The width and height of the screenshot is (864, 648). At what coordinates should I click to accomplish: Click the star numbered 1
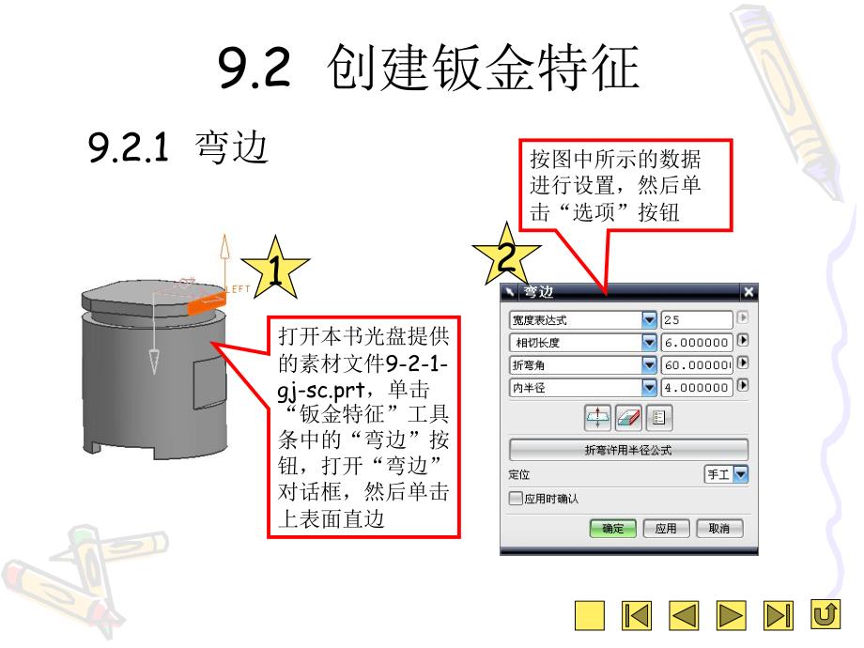274,271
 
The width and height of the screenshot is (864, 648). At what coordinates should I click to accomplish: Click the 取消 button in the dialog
719,529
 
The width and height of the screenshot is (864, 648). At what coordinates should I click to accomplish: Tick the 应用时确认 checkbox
516,499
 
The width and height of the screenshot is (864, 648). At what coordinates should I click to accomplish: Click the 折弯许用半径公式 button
628,449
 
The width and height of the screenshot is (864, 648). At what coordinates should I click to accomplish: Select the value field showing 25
696,320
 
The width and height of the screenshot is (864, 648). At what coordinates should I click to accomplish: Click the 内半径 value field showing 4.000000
696,386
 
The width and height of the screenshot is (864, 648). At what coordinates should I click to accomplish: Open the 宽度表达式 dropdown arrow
649,320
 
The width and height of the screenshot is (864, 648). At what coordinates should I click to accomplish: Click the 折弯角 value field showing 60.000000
696,363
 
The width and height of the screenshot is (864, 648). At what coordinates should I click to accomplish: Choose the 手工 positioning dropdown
726,474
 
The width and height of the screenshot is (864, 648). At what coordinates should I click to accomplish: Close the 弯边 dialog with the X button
748,292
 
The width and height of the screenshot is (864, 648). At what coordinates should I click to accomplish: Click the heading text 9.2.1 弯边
178,147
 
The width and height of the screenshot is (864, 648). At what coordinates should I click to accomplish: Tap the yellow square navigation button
590,616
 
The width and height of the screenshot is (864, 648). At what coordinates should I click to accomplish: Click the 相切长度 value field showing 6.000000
696,342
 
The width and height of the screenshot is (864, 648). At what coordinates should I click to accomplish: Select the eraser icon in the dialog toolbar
628,417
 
